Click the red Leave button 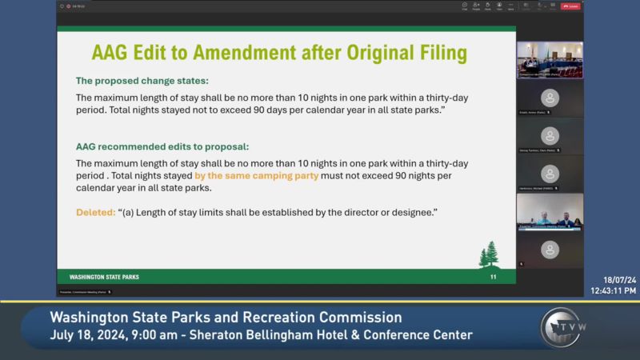570,6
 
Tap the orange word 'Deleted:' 95,213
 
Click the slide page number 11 494,277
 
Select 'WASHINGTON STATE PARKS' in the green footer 104,277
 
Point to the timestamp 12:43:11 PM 614,290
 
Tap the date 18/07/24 620,280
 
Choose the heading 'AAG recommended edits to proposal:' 162,147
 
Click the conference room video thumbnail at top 549,59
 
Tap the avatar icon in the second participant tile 549,135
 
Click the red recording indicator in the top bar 69,6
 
